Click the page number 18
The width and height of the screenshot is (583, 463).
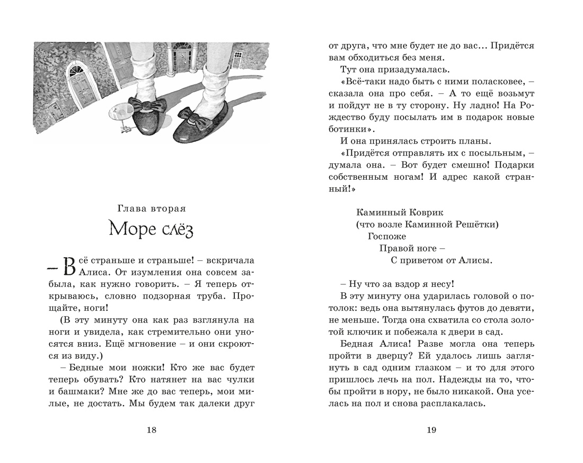point(151,430)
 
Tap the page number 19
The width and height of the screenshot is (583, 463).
point(431,430)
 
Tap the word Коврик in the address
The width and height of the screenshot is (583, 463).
point(425,212)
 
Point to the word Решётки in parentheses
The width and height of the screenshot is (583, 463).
point(476,224)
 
